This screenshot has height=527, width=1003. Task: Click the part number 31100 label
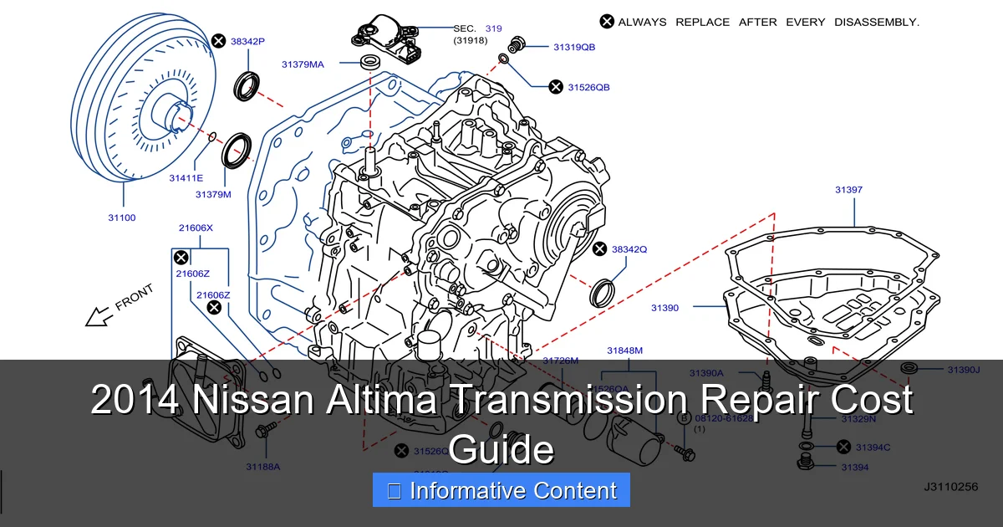tap(121, 217)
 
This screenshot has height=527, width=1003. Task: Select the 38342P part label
tap(247, 40)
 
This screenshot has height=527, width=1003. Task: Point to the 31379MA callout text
tap(303, 64)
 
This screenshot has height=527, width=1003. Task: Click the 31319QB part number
tap(574, 48)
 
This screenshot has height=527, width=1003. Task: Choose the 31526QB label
tap(588, 87)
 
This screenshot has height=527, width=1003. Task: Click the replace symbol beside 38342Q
tap(599, 249)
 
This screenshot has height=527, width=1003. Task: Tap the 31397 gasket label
tap(848, 190)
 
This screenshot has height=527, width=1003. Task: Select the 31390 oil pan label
tap(665, 308)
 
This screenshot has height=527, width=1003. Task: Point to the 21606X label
tap(196, 228)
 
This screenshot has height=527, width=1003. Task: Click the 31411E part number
tap(186, 177)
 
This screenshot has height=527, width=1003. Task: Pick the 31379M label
tap(213, 194)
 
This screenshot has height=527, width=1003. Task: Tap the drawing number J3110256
tap(950, 486)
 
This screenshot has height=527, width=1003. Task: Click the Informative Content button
tap(501, 491)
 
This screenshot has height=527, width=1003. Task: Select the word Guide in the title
tap(501, 449)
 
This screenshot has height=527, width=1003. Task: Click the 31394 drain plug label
tap(855, 467)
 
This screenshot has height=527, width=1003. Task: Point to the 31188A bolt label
tap(262, 466)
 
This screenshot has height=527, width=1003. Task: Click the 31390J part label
tap(963, 369)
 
